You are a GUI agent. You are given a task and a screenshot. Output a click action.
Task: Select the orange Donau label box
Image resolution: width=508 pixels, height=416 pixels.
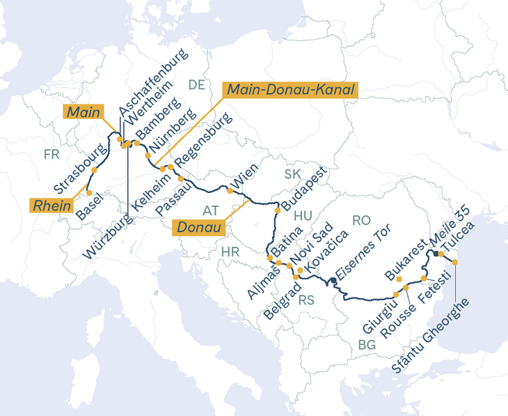199,227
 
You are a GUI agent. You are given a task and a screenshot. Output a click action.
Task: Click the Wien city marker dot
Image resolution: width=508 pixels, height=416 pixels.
230,190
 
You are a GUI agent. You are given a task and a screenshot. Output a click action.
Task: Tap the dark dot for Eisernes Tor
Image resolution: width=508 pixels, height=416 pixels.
334,280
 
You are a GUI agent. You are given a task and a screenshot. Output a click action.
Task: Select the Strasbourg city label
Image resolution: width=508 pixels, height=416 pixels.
81,169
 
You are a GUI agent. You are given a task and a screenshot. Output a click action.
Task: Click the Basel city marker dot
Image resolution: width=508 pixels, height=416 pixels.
89,192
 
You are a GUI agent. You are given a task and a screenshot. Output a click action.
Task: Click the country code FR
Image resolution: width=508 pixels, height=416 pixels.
51,154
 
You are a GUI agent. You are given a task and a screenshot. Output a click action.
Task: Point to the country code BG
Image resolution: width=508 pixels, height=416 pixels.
366,344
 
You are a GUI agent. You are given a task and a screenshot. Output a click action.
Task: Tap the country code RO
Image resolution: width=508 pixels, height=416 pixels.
361,220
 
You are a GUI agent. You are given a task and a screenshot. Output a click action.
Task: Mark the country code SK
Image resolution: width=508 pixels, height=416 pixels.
292,174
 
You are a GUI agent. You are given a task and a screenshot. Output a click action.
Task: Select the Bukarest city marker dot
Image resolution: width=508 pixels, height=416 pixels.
399,278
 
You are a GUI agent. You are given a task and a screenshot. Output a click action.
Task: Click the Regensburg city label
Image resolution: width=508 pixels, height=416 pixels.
203,141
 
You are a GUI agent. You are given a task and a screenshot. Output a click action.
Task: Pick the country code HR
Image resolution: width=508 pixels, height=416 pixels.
230,251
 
